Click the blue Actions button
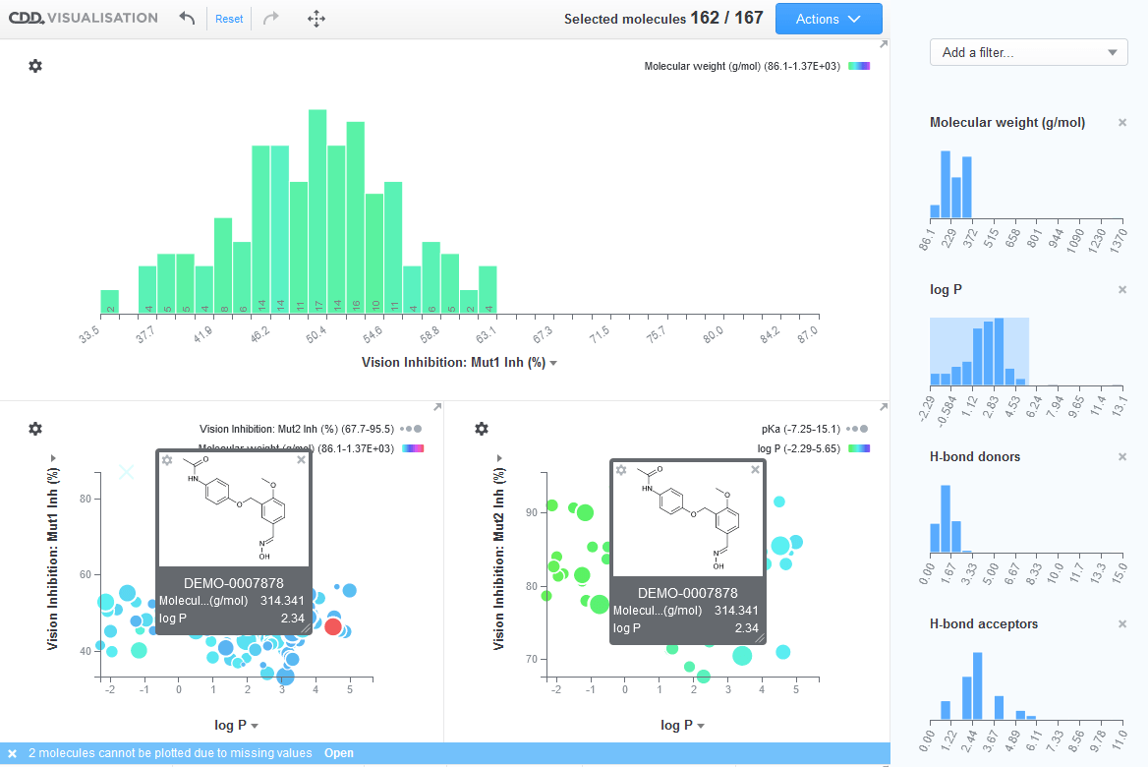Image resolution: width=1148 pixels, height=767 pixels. coord(829,19)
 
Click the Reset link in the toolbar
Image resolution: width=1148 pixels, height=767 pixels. coord(229,19)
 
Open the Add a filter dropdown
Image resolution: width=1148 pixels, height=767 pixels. coord(1028,53)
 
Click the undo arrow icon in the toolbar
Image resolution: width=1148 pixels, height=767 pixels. coord(187,19)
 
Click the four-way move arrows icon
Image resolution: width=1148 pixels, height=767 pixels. coord(316,19)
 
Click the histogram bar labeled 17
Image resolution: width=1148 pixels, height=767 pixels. coord(317,211)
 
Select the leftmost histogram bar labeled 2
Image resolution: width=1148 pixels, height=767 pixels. coord(110,302)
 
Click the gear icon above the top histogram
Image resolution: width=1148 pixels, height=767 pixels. coord(35,66)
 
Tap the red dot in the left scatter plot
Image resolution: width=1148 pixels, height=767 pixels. coord(333,626)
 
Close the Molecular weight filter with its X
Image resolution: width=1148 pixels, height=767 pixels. coord(1122,123)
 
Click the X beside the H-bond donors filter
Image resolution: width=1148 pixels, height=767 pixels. coord(1122,457)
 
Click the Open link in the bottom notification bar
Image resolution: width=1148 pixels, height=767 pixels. coord(338,753)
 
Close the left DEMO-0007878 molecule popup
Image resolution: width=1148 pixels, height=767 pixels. coord(301,460)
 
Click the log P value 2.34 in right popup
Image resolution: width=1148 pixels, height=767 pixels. coord(746,627)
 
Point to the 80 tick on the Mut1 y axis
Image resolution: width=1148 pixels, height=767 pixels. coord(86,500)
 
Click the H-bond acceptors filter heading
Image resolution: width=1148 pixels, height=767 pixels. coord(984,624)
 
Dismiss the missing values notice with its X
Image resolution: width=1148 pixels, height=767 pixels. coord(12,753)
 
